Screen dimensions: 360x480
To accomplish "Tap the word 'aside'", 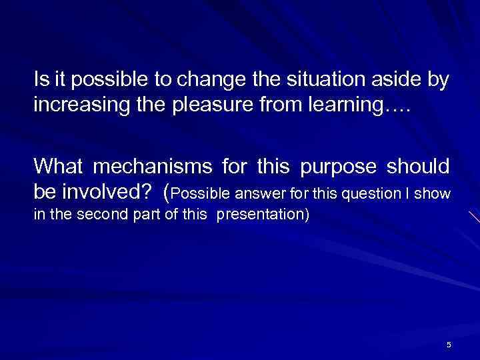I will coord(398,81).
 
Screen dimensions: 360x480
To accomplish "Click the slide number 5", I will coord(449,344).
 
